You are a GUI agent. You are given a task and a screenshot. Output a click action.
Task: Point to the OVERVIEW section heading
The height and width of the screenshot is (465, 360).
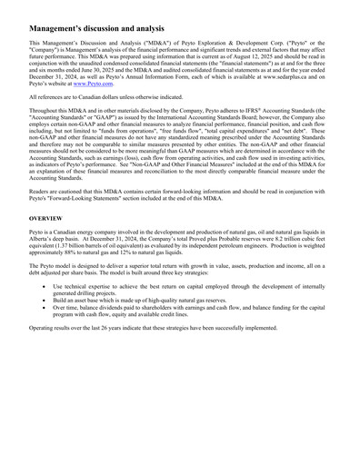tap(46, 219)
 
